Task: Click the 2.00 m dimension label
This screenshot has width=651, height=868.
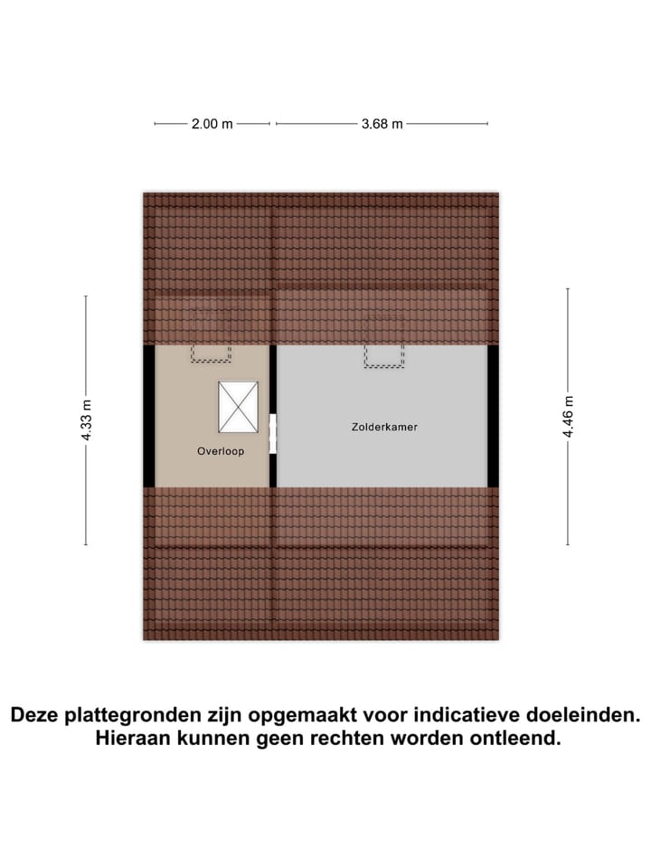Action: [212, 125]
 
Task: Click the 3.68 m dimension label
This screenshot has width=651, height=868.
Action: [382, 125]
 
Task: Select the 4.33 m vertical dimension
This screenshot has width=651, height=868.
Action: [86, 420]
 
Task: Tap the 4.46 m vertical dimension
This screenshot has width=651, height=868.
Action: [568, 417]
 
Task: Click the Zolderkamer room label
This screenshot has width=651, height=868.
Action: [384, 427]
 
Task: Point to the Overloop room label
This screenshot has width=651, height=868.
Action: [221, 450]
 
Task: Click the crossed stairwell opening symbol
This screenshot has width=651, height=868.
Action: [238, 407]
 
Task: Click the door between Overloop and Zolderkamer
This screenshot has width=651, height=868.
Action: [273, 435]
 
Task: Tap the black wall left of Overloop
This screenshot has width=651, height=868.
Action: [148, 416]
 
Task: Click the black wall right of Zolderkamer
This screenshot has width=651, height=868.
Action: [494, 416]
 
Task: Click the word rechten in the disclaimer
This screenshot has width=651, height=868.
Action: [353, 739]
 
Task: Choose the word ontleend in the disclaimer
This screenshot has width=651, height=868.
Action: [515, 739]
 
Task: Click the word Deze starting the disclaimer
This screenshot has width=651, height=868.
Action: [36, 715]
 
